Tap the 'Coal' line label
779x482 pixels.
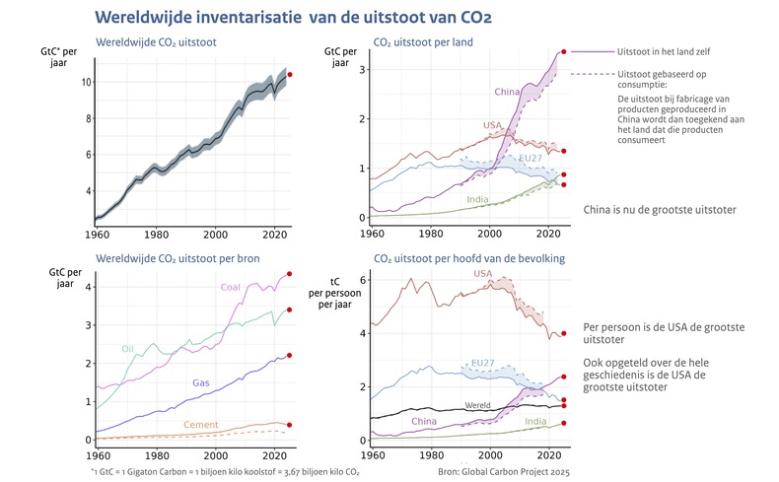pyautogui.click(x=231, y=287)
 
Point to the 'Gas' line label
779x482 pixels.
pyautogui.click(x=200, y=381)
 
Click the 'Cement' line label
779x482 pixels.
pyautogui.click(x=201, y=425)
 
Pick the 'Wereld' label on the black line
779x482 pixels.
pyautogui.click(x=477, y=405)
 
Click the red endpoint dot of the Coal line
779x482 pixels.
pyautogui.click(x=289, y=274)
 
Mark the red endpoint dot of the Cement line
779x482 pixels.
pyautogui.click(x=289, y=425)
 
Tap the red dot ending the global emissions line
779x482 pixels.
pyautogui.click(x=289, y=74)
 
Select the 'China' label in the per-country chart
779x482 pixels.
pyautogui.click(x=507, y=92)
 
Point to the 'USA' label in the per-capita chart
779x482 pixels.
pyautogui.click(x=483, y=273)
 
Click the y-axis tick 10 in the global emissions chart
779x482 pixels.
pyautogui.click(x=87, y=82)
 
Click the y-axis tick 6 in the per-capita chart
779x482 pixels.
pyautogui.click(x=362, y=280)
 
